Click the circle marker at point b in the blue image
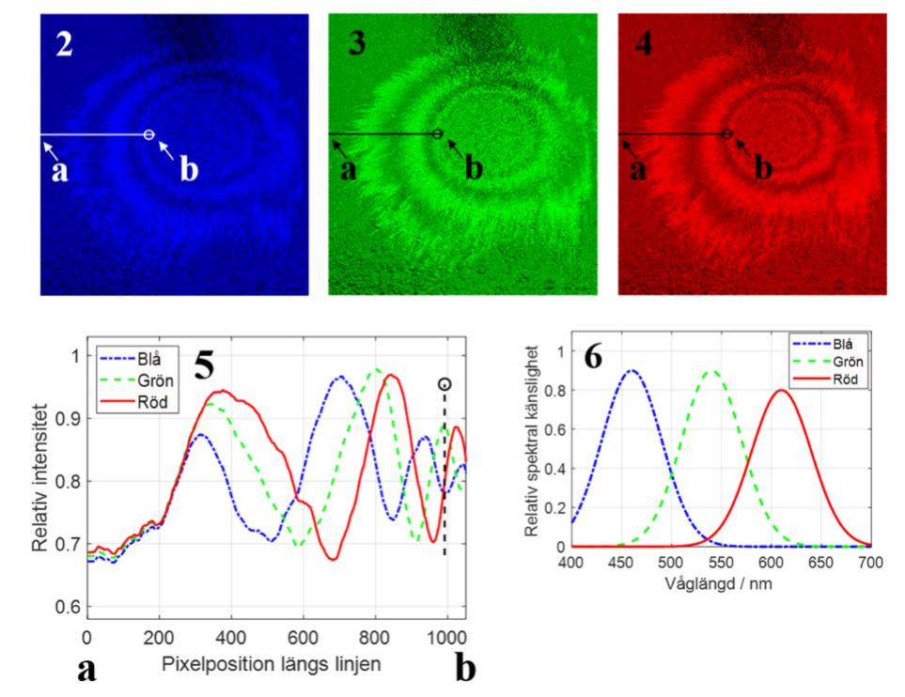pos(148,135)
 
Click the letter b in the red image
pos(764,169)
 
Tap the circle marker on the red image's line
pos(726,134)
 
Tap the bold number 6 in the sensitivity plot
pos(595,362)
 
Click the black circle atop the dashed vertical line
pos(445,384)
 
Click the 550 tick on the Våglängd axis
pos(722,564)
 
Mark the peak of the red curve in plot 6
pos(782,390)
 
